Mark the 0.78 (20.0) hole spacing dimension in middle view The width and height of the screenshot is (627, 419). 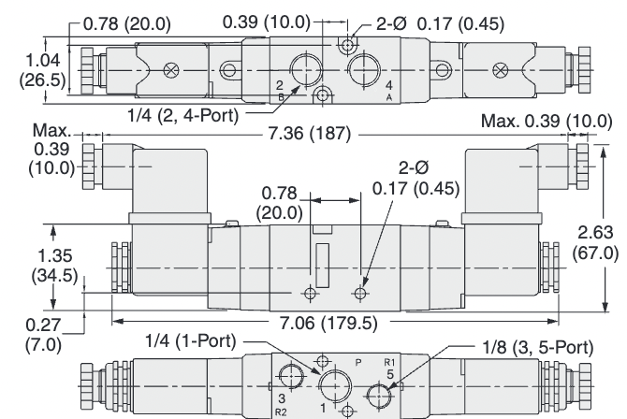pyautogui.click(x=280, y=201)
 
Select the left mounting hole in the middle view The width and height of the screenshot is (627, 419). pyautogui.click(x=310, y=294)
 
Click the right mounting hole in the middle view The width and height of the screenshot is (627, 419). pyautogui.click(x=361, y=294)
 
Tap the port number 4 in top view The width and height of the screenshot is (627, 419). pyautogui.click(x=389, y=87)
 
